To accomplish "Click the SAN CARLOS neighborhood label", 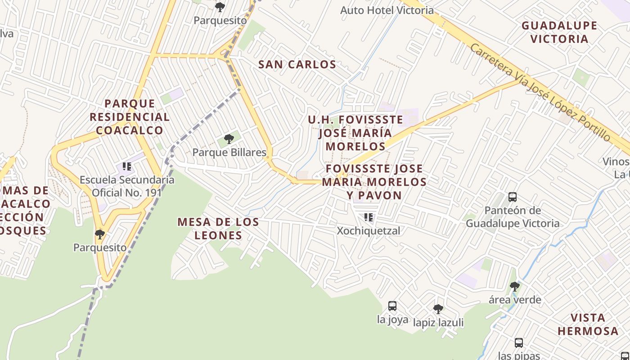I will tap(297, 64).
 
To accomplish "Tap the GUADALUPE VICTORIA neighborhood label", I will tap(559, 32).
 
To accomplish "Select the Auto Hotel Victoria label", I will tap(387, 10).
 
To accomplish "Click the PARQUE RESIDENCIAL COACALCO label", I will tap(130, 117).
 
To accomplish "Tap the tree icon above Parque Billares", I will tap(229, 139).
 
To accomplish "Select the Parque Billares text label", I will tap(229, 153).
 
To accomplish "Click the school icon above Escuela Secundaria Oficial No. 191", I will tap(127, 167).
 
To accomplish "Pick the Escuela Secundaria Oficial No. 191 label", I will tap(127, 186).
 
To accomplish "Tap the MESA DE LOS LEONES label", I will tap(218, 228).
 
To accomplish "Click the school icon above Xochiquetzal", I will tap(369, 218).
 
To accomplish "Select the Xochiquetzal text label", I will tap(369, 231).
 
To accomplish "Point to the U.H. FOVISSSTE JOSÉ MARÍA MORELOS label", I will tap(355, 133).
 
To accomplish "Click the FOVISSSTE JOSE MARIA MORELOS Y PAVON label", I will tap(374, 182).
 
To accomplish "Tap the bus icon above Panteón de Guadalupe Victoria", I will tap(513, 197).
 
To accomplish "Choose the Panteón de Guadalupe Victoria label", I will tap(513, 216).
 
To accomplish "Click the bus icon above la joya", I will tap(392, 306).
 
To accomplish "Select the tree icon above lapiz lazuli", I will tap(438, 309).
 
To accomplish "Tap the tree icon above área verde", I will tap(515, 286).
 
